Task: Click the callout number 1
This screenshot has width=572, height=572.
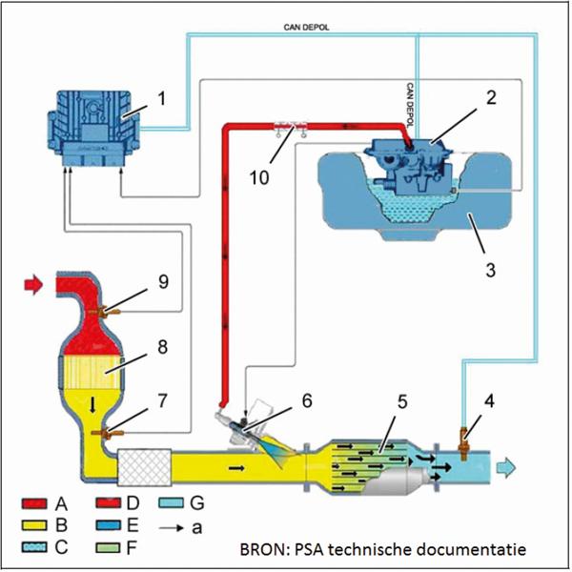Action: click(x=161, y=98)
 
